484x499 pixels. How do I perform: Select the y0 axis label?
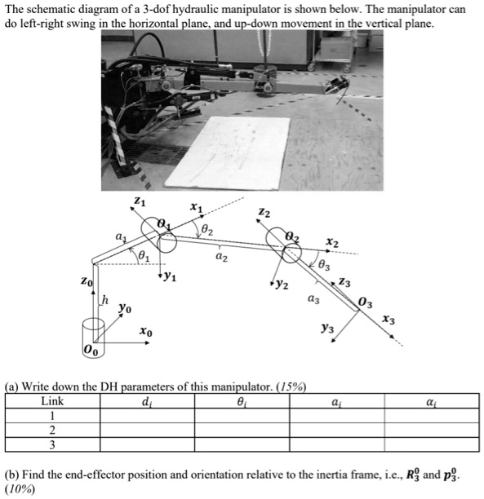[x=124, y=308]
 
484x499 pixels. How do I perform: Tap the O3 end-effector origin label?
[x=366, y=303]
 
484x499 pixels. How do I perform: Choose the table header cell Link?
[x=52, y=401]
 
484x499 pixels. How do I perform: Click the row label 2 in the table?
[x=52, y=430]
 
